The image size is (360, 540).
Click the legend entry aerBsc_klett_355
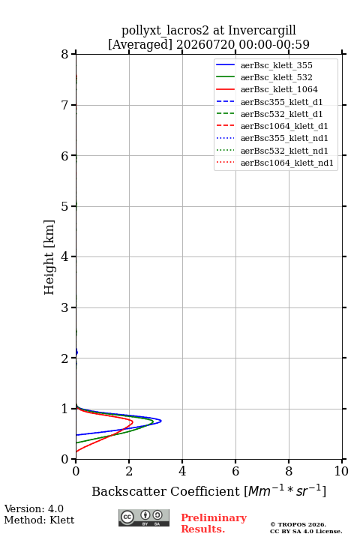[x=276, y=65]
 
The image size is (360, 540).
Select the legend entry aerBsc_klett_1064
[x=279, y=89]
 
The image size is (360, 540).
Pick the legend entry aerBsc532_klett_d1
[x=281, y=114]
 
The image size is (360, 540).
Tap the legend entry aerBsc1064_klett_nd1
[x=287, y=163]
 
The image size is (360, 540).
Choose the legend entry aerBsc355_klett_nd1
[x=284, y=139]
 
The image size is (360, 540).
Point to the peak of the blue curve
[x=161, y=421]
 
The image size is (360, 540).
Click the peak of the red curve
[x=133, y=421]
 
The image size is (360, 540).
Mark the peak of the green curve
[x=153, y=421]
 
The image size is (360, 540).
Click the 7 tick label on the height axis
[x=64, y=105]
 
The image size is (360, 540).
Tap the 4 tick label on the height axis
[x=64, y=256]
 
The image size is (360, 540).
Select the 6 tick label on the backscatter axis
[x=235, y=471]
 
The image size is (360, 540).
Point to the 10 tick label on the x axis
[x=341, y=471]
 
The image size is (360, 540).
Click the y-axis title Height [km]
[x=49, y=257]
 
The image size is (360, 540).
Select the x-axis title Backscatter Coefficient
[x=165, y=491]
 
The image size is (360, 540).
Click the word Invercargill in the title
[x=262, y=31]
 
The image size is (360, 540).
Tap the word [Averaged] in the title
[x=140, y=45]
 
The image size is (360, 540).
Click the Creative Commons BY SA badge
[x=144, y=518]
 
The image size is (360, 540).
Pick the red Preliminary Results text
[x=214, y=523]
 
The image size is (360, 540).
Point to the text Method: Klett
[x=39, y=520]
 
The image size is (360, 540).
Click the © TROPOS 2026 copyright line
[x=298, y=524]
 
